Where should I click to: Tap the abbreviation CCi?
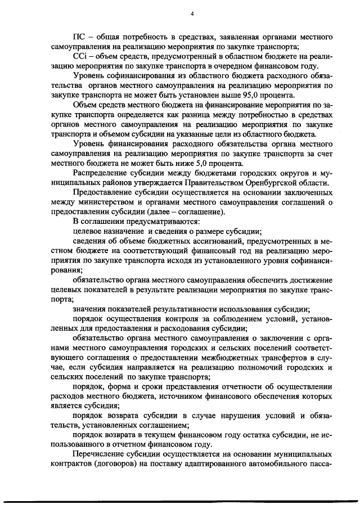tap(80, 56)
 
